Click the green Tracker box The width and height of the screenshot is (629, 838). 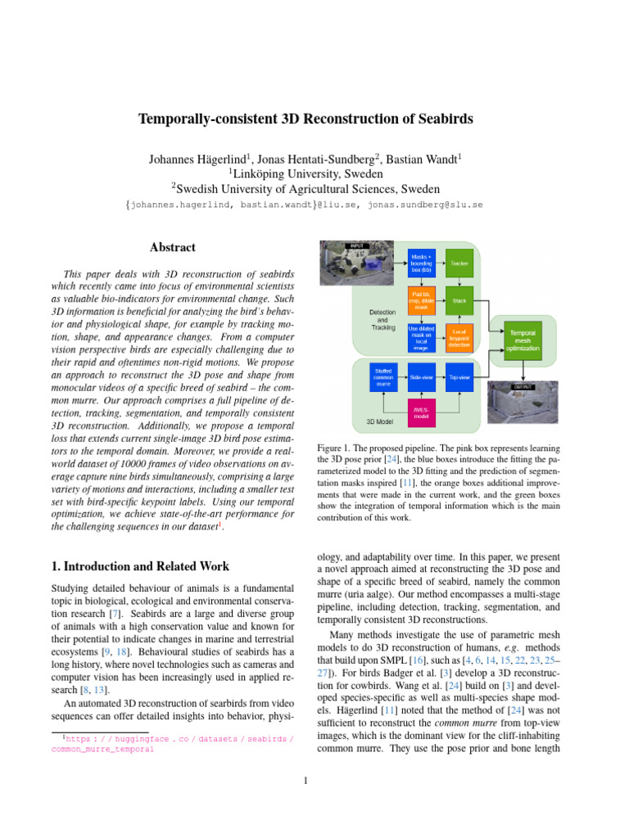pyautogui.click(x=459, y=264)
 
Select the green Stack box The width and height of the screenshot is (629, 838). pyautogui.click(x=459, y=301)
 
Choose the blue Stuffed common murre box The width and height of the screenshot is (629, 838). pyautogui.click(x=382, y=377)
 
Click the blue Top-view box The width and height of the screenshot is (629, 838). pyautogui.click(x=459, y=377)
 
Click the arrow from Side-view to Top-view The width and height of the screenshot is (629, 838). pyautogui.click(x=441, y=377)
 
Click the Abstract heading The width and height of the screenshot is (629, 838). pyautogui.click(x=172, y=247)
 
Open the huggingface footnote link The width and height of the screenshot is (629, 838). pyautogui.click(x=172, y=744)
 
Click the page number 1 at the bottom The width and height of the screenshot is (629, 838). pyautogui.click(x=305, y=781)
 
